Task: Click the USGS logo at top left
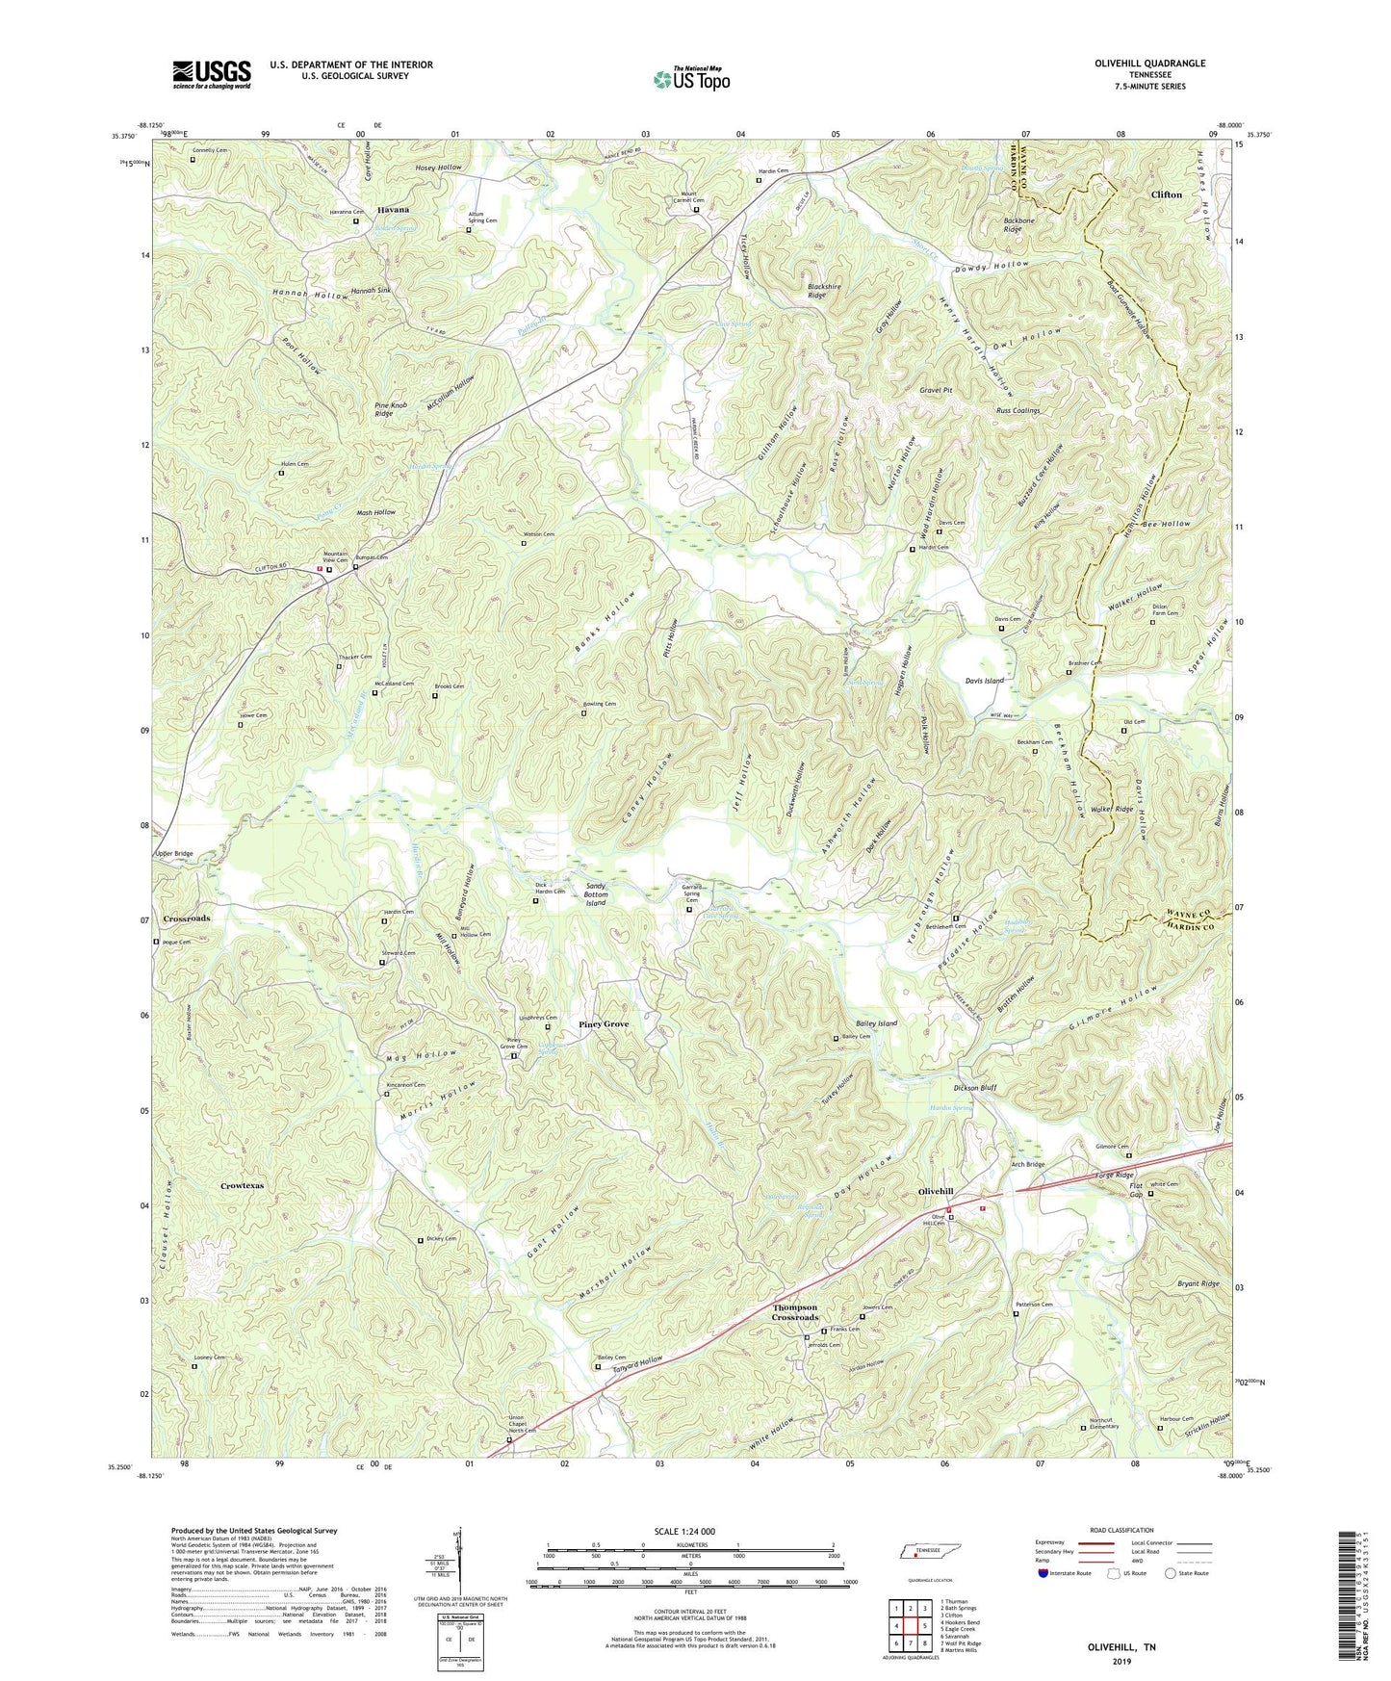(212, 74)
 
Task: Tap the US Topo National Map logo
(690, 79)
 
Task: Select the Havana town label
(393, 210)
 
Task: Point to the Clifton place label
(1166, 194)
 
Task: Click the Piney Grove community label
(604, 1024)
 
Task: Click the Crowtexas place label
(242, 1186)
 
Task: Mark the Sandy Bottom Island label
(597, 894)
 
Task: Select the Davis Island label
(985, 681)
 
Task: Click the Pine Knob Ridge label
(384, 408)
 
